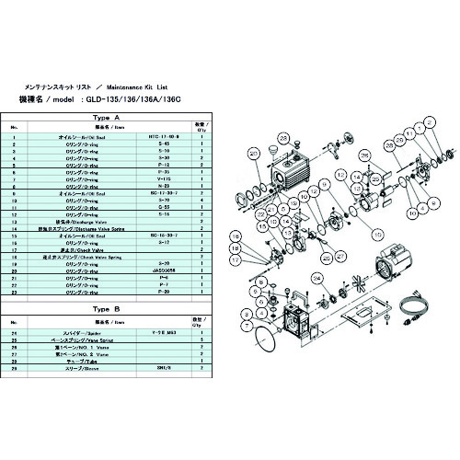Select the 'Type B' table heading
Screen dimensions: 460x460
(x=108, y=307)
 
